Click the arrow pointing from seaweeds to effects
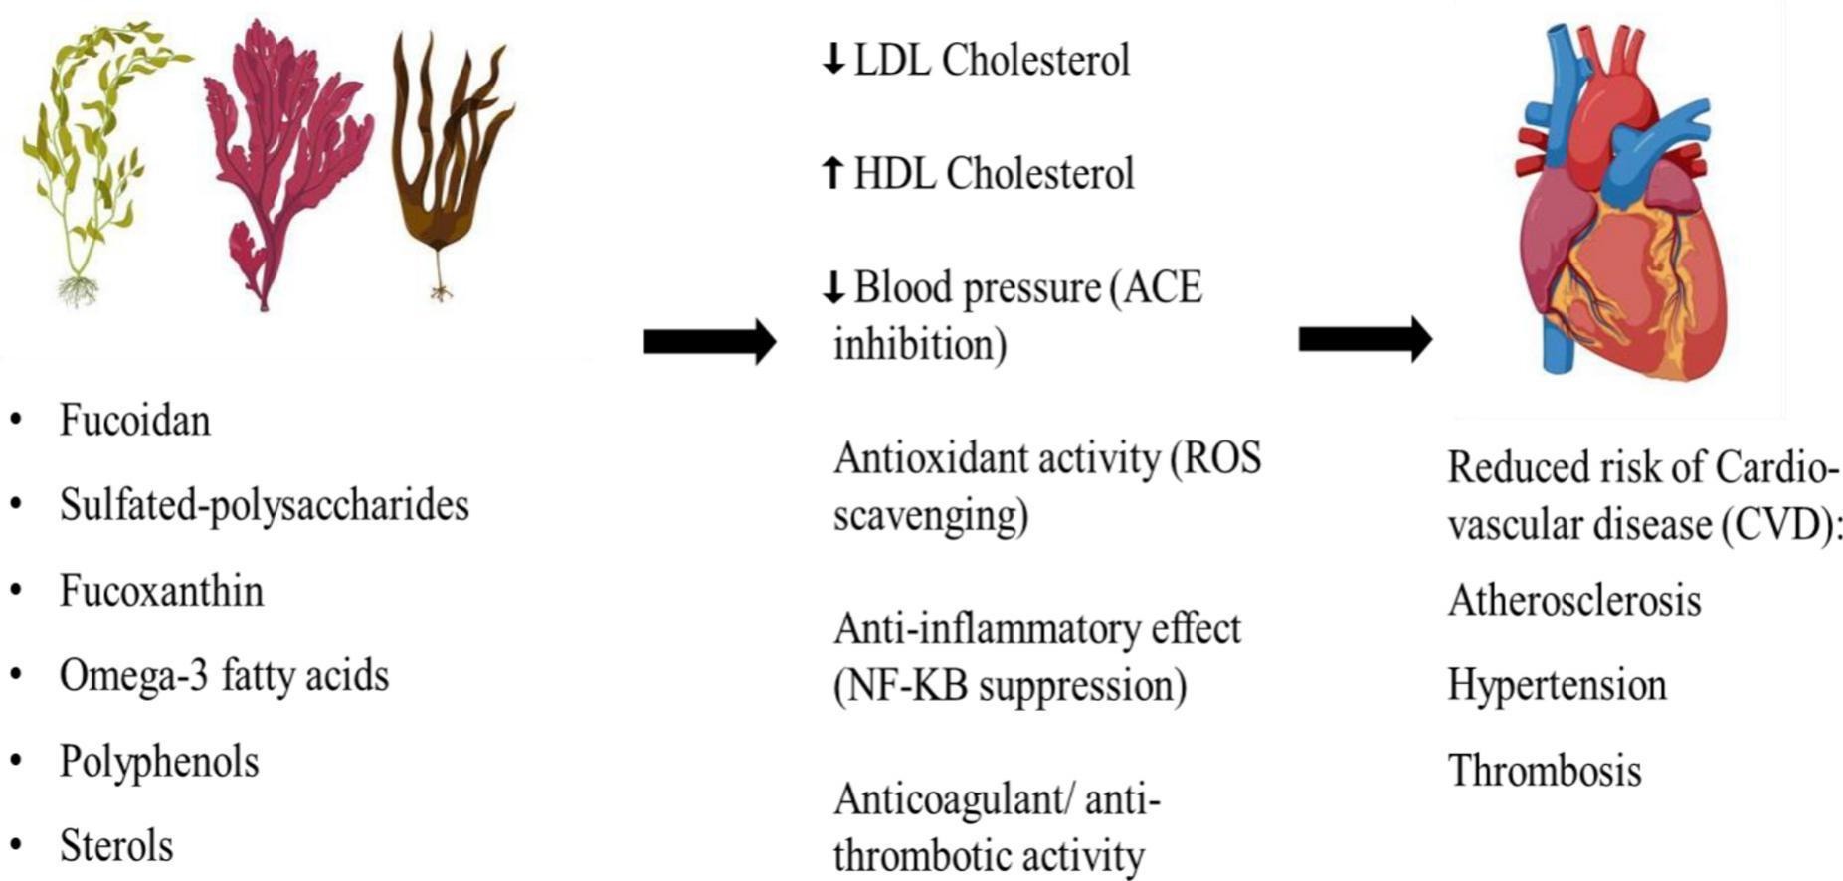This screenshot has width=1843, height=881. click(708, 342)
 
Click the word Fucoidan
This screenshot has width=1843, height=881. click(134, 420)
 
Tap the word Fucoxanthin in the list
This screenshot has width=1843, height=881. click(161, 591)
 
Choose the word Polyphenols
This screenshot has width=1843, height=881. click(159, 762)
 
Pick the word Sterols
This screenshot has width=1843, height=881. click(116, 846)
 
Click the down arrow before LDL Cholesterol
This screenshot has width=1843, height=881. click(832, 61)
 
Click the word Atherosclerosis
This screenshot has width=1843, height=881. click(1573, 601)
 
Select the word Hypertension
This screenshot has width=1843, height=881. click(1557, 685)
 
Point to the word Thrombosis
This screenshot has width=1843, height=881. click(1544, 771)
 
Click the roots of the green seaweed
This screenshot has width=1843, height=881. click(78, 289)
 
